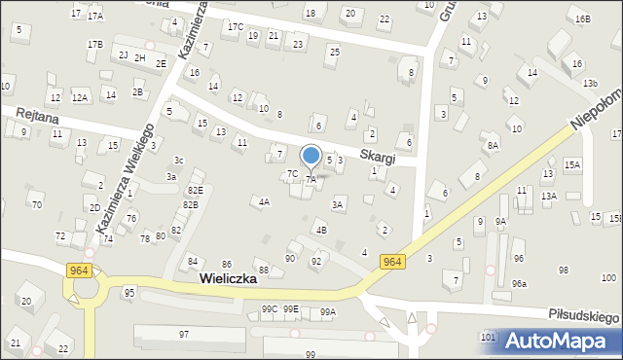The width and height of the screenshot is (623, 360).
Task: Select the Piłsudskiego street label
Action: [x=584, y=318]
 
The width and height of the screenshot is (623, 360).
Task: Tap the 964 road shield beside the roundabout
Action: [x=80, y=270]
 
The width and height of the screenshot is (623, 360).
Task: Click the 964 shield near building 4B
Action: [x=392, y=261]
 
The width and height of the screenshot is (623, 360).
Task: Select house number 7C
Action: [x=292, y=174]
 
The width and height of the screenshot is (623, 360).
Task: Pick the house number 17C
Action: [x=235, y=27]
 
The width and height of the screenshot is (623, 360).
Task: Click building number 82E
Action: [x=195, y=190]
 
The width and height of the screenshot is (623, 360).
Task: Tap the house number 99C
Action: [x=270, y=309]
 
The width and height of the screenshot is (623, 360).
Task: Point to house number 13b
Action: [x=590, y=84]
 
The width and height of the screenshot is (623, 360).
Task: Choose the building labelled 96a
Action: [x=520, y=283]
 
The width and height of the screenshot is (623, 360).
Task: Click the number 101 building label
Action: [x=488, y=337]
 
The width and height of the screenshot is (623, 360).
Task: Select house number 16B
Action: [x=582, y=19]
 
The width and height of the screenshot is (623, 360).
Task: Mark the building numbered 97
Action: [x=184, y=334]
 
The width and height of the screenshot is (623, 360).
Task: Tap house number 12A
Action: [x=80, y=97]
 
